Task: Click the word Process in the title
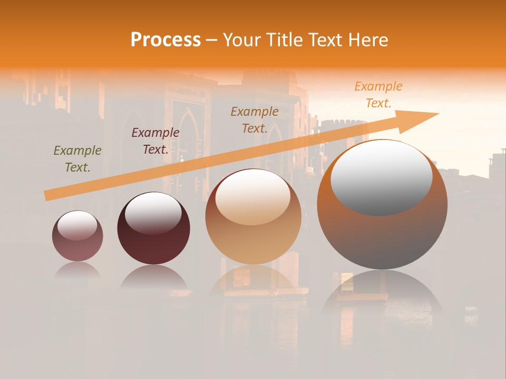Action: pos(166,40)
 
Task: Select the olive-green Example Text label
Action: pos(77,159)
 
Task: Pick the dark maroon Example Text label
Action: pos(155,141)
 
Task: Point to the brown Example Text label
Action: pos(255,119)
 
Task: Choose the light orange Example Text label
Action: pos(378,95)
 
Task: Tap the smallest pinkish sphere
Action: pos(77,247)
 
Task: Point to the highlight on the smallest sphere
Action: pos(77,225)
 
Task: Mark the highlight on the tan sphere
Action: pos(253,197)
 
